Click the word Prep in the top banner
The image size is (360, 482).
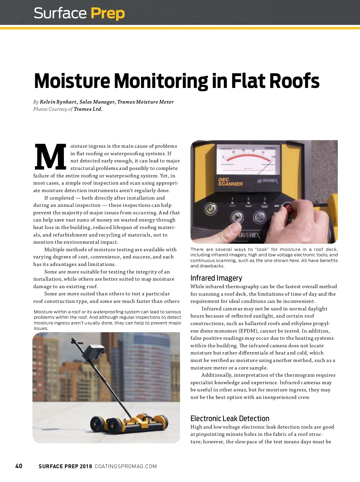(x=107, y=14)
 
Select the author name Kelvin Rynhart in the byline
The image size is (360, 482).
(x=58, y=102)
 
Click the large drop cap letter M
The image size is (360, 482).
(x=50, y=156)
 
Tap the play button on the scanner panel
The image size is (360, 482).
(x=237, y=217)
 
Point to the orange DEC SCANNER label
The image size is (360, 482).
(x=230, y=182)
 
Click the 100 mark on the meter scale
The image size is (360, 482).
(x=273, y=157)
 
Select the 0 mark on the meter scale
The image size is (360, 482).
(x=223, y=157)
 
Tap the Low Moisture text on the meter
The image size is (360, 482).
(x=227, y=164)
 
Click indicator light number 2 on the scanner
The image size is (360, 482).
(x=248, y=203)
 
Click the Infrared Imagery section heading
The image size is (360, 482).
(x=216, y=278)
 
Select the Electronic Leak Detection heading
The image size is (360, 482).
(x=230, y=418)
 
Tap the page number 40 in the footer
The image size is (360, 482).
(x=19, y=466)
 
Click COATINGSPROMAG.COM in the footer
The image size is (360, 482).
(x=125, y=466)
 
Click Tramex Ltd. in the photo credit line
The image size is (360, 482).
(x=88, y=109)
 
